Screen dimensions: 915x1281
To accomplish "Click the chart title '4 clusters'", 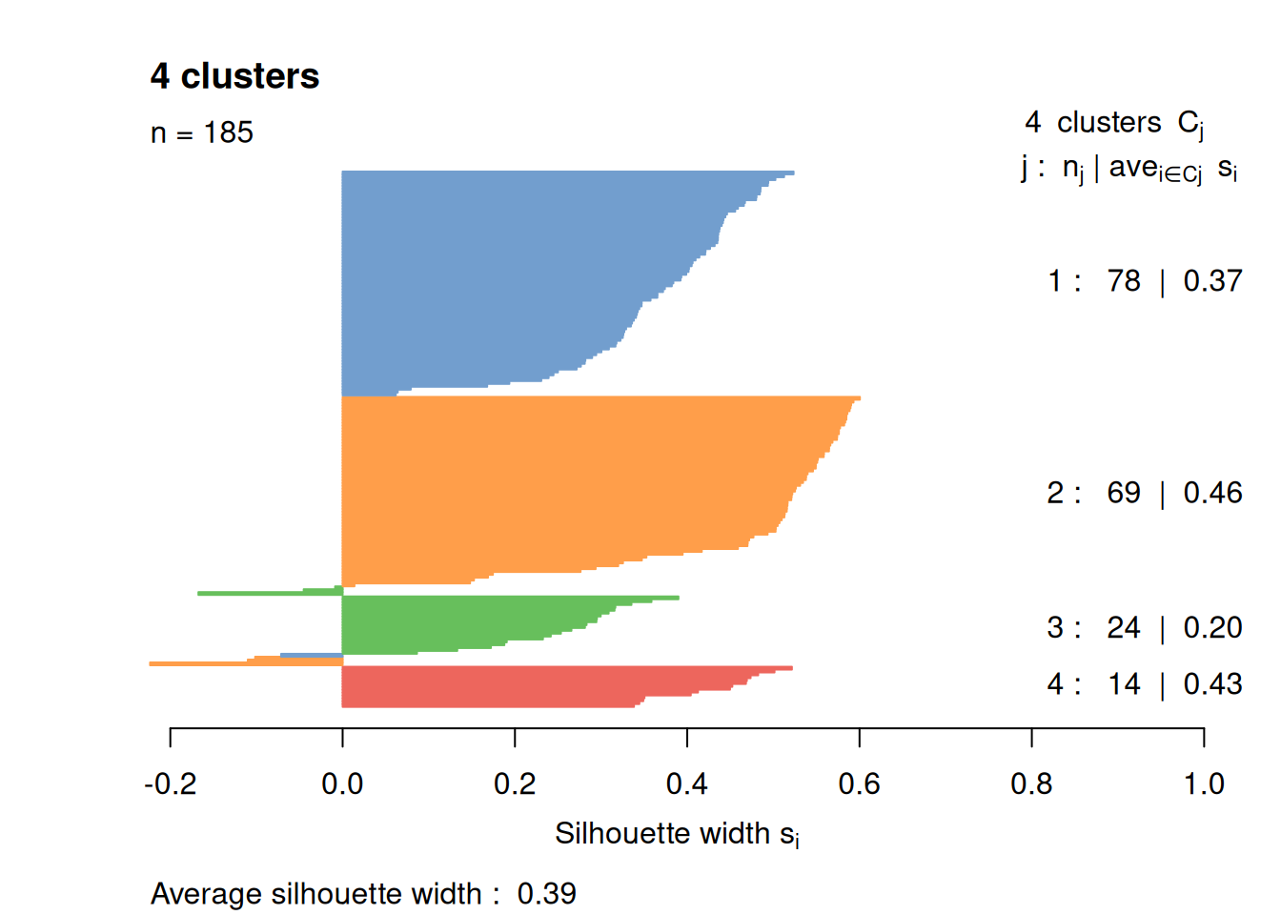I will pyautogui.click(x=234, y=76).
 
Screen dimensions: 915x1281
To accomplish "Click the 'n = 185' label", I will pyautogui.click(x=202, y=132).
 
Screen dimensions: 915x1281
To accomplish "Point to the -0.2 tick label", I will pyautogui.click(x=171, y=784).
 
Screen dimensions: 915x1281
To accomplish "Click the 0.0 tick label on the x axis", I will pyautogui.click(x=342, y=784).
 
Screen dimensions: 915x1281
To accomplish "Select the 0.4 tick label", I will pyautogui.click(x=686, y=784).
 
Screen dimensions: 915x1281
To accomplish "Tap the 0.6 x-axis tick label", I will pyautogui.click(x=859, y=784).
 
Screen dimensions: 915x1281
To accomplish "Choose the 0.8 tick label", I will pyautogui.click(x=1031, y=784).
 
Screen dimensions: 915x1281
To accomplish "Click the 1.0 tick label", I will pyautogui.click(x=1204, y=784).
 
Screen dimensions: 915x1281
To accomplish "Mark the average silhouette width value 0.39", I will pyautogui.click(x=547, y=894).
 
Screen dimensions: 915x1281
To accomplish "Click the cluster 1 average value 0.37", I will pyautogui.click(x=1212, y=281).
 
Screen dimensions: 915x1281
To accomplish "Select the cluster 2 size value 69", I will pyautogui.click(x=1124, y=493).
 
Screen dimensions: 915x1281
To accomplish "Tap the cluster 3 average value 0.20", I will pyautogui.click(x=1212, y=628).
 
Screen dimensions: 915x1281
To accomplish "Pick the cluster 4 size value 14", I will pyautogui.click(x=1124, y=684).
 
